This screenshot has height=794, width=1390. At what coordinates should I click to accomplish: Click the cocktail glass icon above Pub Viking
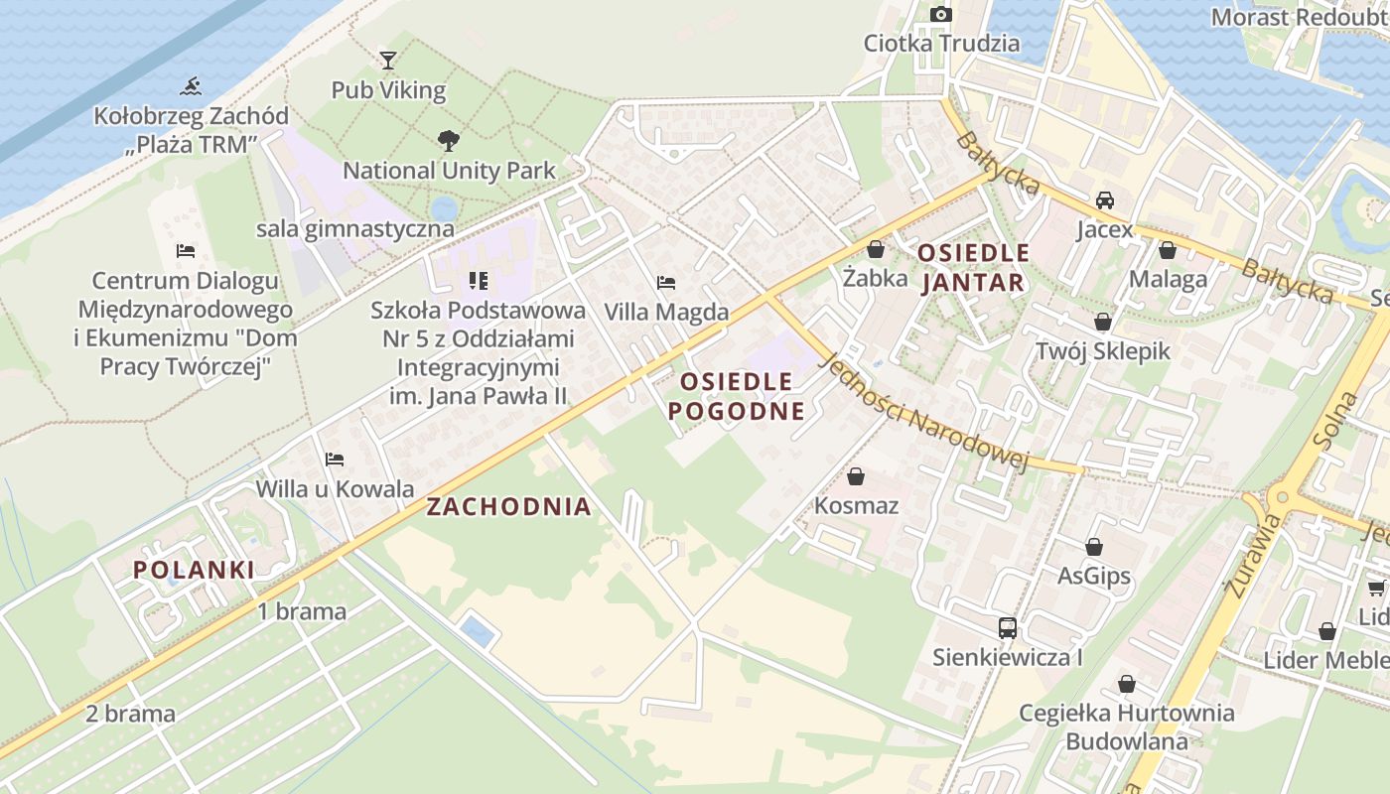point(388,61)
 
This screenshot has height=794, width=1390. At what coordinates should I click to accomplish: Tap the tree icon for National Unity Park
point(449,141)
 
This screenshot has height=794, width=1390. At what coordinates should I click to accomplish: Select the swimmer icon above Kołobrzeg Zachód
point(191,86)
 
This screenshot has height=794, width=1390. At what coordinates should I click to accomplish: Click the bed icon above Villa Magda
point(666,283)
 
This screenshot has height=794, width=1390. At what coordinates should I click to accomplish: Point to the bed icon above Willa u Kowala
point(335,460)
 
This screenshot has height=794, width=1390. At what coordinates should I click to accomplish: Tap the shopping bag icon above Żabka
point(875,249)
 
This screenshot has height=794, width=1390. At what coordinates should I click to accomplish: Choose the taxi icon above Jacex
point(1104,200)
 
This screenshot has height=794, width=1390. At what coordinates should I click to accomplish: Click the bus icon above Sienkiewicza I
point(1007,627)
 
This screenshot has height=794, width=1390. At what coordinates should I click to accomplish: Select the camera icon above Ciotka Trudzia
point(940,14)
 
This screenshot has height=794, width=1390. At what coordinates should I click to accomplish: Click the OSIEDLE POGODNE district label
point(737,396)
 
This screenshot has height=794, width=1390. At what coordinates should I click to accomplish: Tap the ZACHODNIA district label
point(508,507)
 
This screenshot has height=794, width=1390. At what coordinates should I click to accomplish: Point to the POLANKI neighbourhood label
point(194,570)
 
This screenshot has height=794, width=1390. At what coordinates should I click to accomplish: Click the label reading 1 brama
point(302,611)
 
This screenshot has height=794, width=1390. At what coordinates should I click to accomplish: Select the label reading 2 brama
point(130,714)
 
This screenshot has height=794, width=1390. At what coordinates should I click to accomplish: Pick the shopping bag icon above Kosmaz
point(856,476)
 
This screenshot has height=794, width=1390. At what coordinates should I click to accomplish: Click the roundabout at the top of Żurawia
point(1282,497)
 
